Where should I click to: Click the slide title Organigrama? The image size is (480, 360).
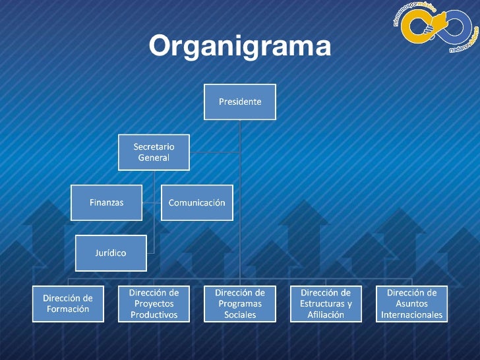240,47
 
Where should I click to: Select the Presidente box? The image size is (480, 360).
240,102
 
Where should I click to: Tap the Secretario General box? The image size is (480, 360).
154,152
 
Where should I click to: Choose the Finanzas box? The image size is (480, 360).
106,202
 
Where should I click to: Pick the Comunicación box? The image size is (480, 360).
196,202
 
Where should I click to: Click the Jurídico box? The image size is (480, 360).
110,253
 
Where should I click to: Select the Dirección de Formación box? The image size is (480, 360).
68,303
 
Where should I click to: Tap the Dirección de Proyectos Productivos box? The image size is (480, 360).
154,303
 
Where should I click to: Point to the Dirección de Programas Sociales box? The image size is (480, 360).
240,303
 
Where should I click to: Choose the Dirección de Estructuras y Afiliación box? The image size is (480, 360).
326,303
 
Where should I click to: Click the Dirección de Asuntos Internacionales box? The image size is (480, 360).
411,303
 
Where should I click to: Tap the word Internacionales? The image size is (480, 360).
411,315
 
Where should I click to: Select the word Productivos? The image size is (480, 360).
154,315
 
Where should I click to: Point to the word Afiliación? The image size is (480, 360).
326,315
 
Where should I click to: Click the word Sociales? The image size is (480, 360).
240,315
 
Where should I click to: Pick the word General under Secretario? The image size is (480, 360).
154,158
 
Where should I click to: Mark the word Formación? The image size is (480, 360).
68,309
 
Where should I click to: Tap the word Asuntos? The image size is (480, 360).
411,303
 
